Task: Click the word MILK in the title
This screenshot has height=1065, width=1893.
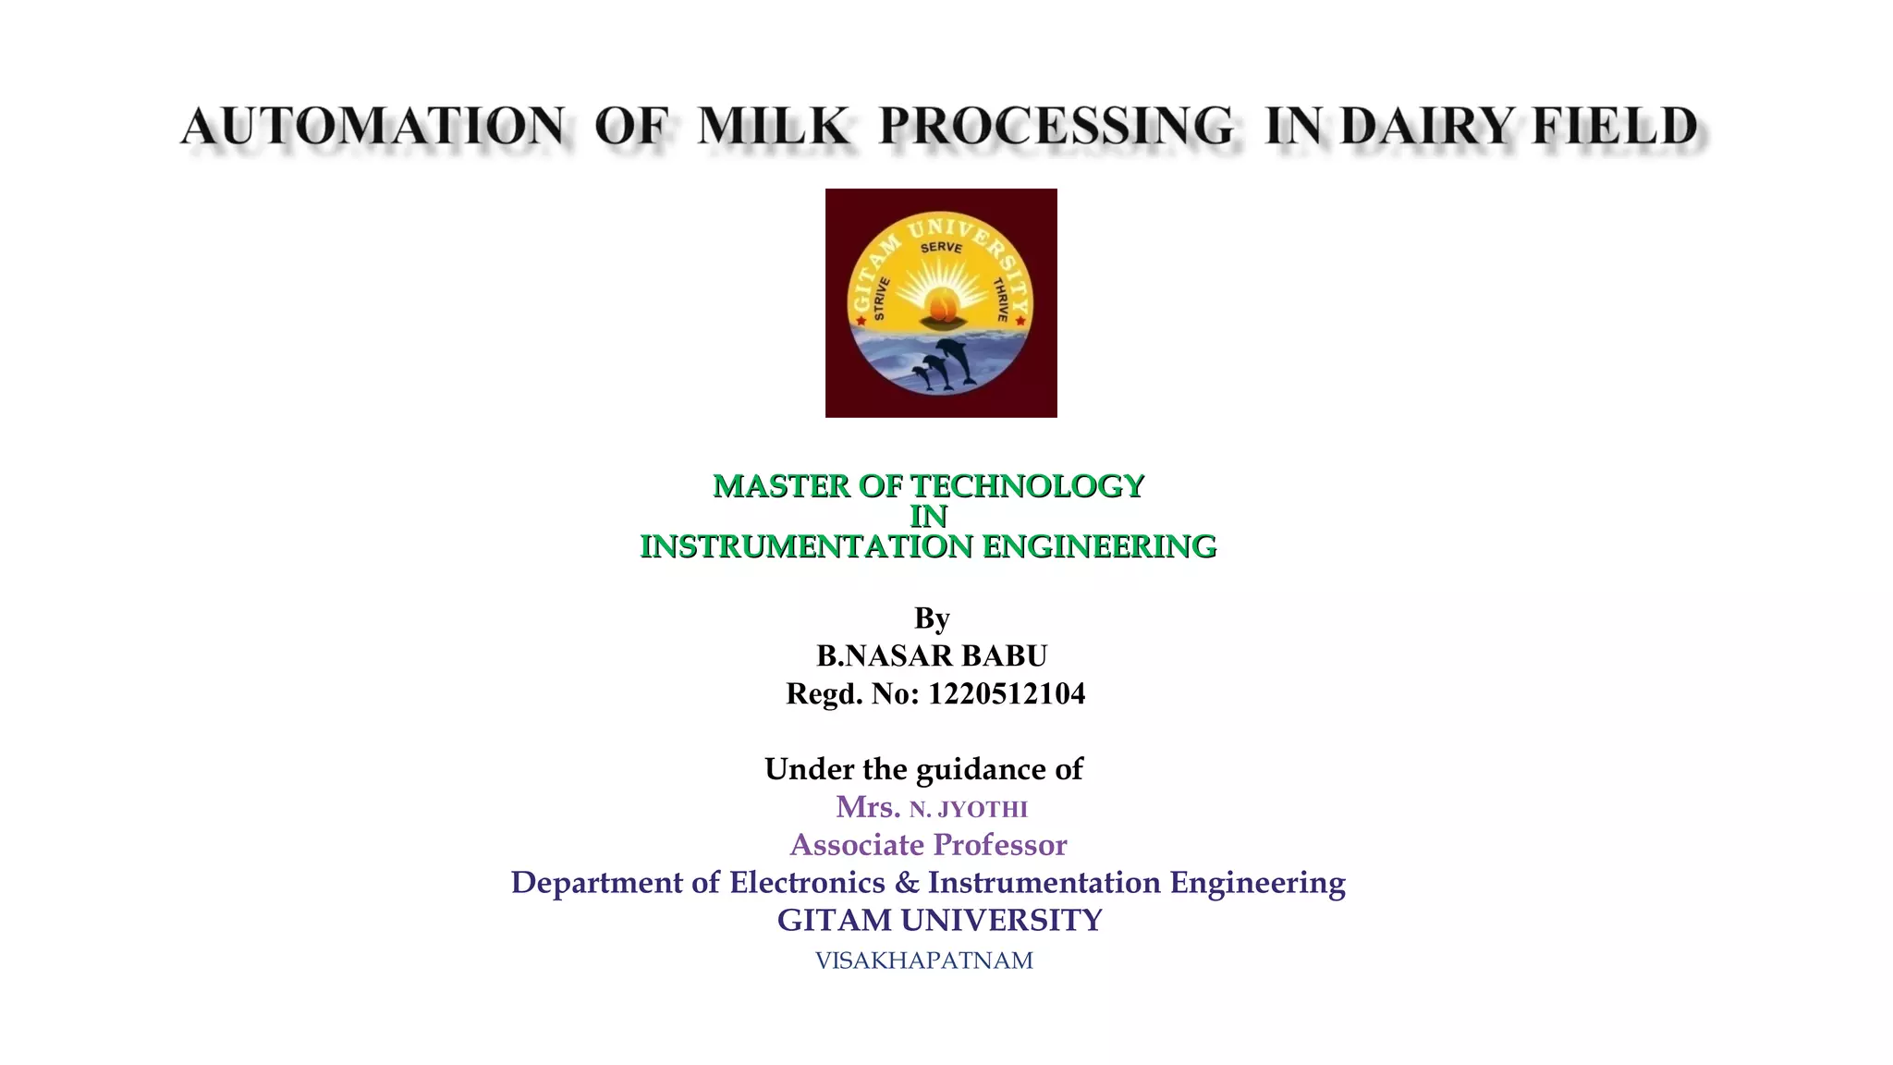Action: [773, 127]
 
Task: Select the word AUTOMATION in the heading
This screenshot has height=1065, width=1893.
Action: [372, 127]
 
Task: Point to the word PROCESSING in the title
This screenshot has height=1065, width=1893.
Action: [1056, 127]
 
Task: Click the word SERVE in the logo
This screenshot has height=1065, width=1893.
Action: [941, 248]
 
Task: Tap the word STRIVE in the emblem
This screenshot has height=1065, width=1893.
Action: [880, 298]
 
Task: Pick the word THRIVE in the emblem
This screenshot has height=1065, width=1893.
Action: [1000, 300]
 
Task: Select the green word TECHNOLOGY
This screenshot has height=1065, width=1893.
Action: [1028, 486]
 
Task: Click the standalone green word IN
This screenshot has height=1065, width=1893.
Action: [929, 517]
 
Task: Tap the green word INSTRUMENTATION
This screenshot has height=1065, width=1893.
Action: [806, 547]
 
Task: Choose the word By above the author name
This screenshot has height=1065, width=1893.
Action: [932, 618]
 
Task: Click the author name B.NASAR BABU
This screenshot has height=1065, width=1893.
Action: [932, 655]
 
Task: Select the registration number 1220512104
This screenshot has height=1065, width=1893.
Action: [1007, 693]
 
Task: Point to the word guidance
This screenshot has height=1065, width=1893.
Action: [980, 769]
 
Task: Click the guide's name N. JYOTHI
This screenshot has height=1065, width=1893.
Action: [968, 810]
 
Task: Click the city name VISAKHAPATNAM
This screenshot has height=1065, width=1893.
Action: [924, 961]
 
